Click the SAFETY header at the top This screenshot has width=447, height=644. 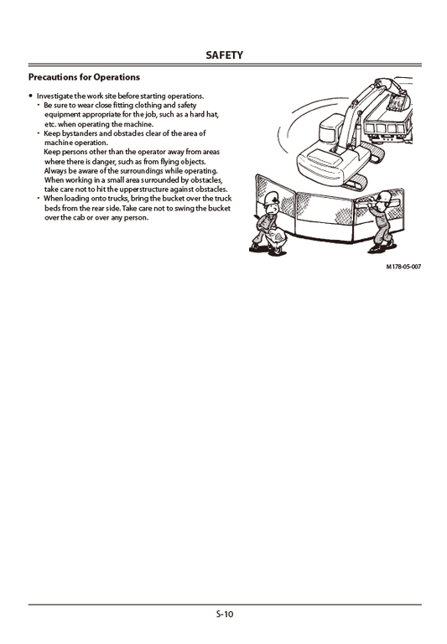pos(223,55)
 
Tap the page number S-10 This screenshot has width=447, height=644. pos(224,614)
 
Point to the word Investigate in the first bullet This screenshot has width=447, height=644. pos(57,96)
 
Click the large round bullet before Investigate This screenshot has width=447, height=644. pos(31,96)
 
